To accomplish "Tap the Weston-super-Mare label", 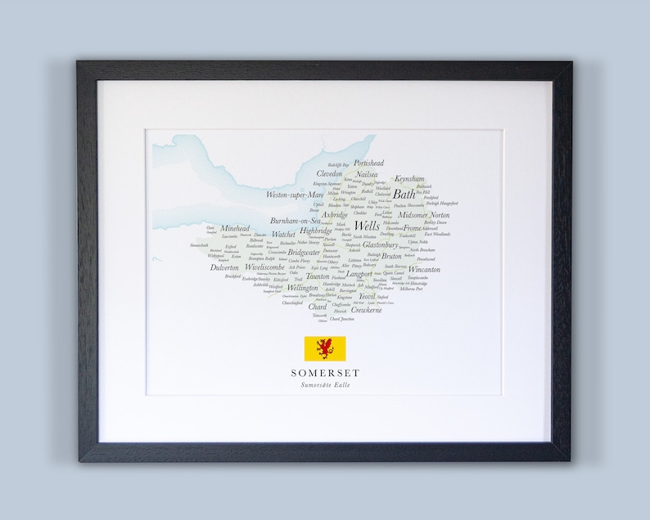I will tap(294, 195).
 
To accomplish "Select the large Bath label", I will tap(404, 195).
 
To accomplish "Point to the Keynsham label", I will tap(409, 178).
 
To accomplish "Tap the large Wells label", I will tap(366, 226).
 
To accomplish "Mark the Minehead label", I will tap(235, 230).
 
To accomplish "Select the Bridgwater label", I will tap(304, 253).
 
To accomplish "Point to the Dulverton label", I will tap(224, 267).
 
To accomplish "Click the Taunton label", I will tap(318, 276).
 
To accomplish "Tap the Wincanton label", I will tap(424, 269).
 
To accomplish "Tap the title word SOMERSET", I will tap(324, 373).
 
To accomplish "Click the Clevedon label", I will tap(330, 174).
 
